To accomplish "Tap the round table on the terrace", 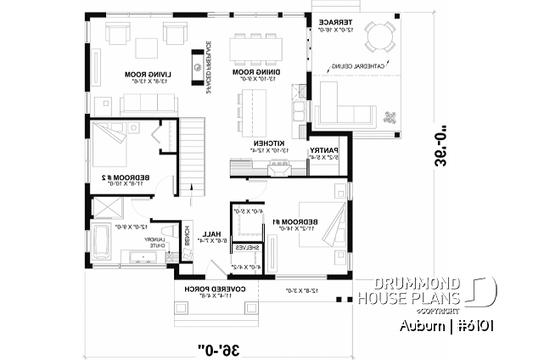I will click(x=378, y=37).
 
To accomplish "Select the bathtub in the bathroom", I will click(x=102, y=243).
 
